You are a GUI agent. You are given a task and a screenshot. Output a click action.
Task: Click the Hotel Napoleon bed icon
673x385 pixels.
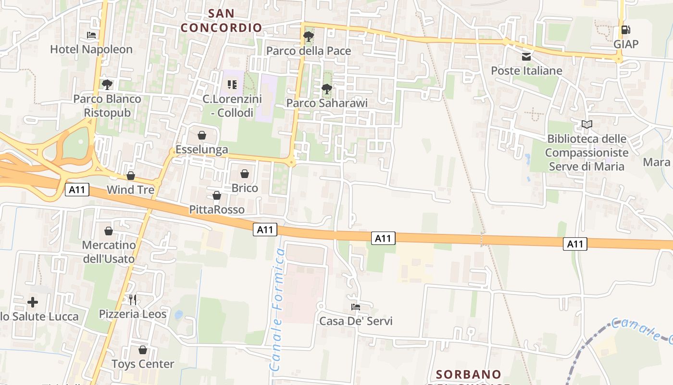(91, 35)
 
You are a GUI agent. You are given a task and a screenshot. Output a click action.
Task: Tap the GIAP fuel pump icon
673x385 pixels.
(625, 30)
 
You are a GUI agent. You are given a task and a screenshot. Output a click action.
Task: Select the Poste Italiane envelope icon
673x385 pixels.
(526, 57)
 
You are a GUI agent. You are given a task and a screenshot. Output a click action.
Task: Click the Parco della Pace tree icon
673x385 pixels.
(308, 37)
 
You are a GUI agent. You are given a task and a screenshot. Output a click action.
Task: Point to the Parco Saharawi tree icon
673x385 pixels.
(326, 89)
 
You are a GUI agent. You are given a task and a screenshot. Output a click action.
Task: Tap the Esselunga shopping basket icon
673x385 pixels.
(202, 135)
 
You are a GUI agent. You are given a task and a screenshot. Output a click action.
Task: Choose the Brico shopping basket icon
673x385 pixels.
(245, 174)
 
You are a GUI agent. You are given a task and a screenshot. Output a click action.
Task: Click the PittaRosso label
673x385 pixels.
(217, 210)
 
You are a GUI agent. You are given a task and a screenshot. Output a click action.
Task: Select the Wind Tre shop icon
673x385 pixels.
(130, 176)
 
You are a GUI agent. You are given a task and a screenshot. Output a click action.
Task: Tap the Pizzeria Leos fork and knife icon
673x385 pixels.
(133, 300)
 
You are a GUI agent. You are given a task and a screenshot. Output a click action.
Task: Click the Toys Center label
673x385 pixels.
(143, 364)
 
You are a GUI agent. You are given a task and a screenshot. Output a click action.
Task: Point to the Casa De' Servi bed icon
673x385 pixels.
(356, 307)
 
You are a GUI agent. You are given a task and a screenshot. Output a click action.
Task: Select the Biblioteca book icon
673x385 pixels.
(586, 125)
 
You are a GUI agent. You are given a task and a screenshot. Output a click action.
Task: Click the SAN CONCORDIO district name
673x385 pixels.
(222, 20)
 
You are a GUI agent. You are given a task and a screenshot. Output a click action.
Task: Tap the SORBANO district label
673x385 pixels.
(469, 374)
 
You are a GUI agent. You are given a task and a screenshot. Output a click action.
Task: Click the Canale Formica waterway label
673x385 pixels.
(277, 308)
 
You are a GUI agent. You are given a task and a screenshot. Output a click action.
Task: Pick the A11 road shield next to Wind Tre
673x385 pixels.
(77, 190)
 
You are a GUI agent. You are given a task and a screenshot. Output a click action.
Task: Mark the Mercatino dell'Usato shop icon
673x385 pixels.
(109, 231)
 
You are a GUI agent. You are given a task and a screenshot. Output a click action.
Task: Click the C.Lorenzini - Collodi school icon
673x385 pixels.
(232, 85)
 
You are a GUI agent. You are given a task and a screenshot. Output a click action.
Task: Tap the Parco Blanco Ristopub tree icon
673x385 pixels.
(107, 85)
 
